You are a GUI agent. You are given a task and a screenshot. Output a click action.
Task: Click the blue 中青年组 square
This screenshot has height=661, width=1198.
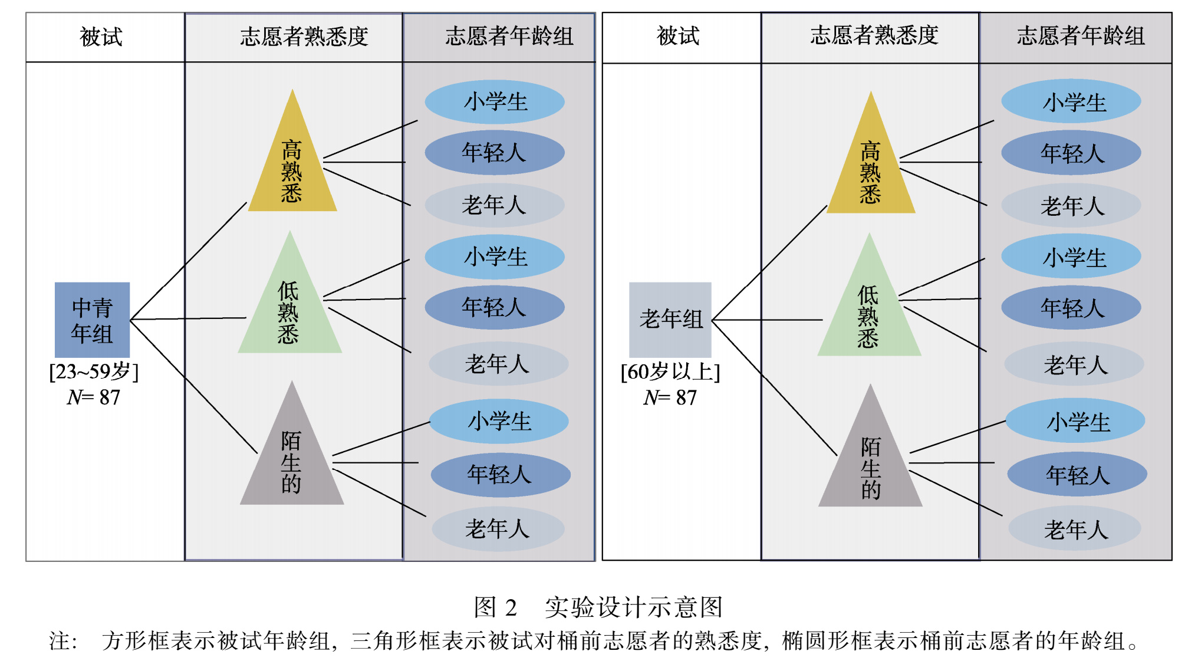(x=92, y=320)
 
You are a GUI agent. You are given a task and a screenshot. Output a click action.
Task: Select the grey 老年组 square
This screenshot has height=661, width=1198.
(x=670, y=320)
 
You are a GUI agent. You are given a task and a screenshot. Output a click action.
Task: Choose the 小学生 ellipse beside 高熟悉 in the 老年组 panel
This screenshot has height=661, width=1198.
(x=1071, y=102)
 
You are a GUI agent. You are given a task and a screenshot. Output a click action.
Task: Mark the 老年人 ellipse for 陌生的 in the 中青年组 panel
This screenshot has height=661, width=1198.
(x=498, y=529)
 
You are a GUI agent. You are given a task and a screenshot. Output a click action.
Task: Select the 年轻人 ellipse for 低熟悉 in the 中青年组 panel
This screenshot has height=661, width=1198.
(x=494, y=307)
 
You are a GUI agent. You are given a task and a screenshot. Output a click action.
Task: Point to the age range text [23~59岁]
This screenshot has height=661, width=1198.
(x=94, y=371)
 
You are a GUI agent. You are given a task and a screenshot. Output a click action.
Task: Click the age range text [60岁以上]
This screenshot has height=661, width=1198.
(x=670, y=371)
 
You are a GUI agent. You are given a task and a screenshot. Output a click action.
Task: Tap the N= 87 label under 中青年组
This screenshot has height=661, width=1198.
(x=94, y=397)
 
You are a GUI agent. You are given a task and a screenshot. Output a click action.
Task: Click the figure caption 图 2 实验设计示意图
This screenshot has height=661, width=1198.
(x=598, y=607)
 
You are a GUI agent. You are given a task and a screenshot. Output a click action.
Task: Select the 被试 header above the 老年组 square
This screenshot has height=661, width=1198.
(x=678, y=36)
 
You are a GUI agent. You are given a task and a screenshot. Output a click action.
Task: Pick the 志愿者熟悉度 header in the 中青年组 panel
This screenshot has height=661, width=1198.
(x=304, y=37)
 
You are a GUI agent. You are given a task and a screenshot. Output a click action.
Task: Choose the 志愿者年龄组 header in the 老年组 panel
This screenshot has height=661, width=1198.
(x=1080, y=36)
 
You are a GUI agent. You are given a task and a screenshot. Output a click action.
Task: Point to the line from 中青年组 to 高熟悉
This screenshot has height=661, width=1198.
(x=189, y=260)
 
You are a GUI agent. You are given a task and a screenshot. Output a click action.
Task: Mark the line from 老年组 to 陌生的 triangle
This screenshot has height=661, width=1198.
(x=775, y=388)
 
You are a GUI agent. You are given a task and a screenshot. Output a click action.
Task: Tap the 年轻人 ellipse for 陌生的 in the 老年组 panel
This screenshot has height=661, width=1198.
(x=1077, y=475)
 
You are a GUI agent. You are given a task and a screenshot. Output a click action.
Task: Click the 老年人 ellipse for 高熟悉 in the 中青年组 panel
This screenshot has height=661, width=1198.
(x=494, y=205)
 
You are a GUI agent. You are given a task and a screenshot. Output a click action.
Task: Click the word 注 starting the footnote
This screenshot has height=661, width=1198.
(x=60, y=641)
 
